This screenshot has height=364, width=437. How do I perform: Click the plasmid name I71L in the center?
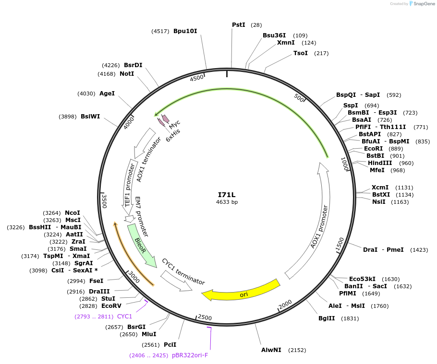coord(227,195)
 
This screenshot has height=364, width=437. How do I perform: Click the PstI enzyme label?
coord(239,24)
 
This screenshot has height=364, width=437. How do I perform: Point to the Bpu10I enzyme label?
coord(185,31)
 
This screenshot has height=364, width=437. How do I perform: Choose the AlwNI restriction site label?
coord(271,350)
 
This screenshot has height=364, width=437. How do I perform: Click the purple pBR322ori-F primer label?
coord(190,355)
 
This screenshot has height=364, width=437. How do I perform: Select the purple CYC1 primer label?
coord(124,317)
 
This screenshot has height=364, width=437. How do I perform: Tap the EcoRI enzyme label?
coord(373,149)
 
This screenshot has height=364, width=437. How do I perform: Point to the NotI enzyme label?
coord(127,74)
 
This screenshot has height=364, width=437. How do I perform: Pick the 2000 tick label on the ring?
coord(285,305)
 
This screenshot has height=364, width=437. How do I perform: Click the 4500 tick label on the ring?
coord(197,79)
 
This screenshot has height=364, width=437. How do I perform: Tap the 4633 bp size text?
coord(227,202)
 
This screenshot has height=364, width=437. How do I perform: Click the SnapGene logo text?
coord(423,4)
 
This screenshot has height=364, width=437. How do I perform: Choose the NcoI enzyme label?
coord(73,213)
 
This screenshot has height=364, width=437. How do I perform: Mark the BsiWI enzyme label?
coord(90,117)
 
